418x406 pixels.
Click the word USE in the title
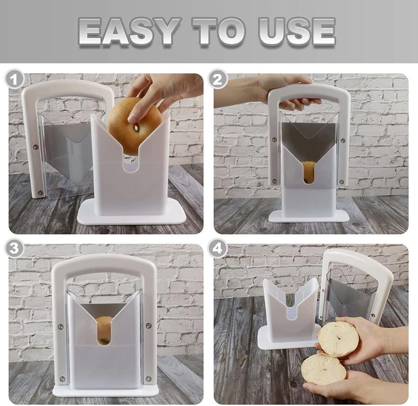tap(296, 31)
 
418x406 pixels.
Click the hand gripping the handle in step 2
tap(279, 94)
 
